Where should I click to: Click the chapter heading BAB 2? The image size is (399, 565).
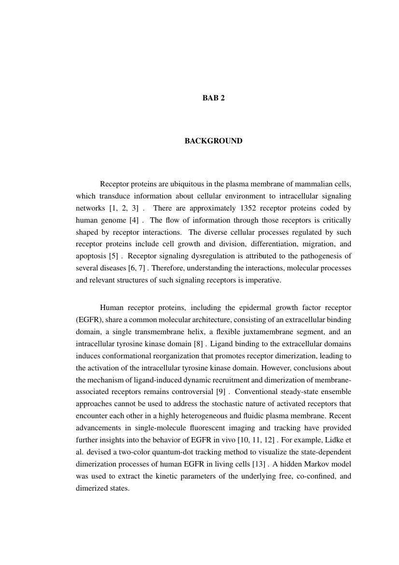point(213,98)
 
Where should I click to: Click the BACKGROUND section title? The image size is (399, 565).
point(213,141)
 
